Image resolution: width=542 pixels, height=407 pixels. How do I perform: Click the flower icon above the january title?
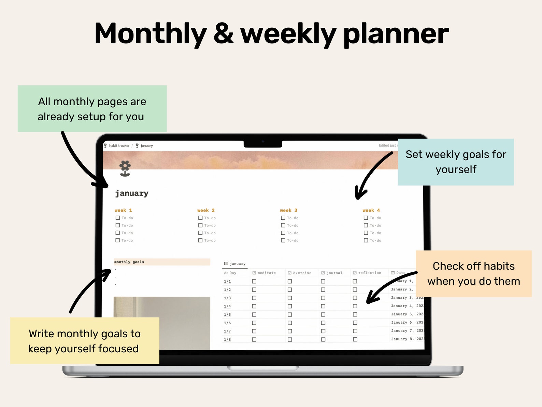pos(125,168)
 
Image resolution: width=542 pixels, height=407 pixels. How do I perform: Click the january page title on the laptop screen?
pos(132,193)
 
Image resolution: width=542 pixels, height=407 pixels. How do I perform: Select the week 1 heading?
pos(123,210)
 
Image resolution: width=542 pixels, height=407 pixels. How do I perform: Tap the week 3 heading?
pos(288,210)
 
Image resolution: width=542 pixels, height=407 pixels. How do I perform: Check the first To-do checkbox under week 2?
pos(200,218)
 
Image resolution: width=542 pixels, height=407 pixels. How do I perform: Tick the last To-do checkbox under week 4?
pos(366,240)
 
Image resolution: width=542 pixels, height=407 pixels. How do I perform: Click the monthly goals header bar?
pos(162,262)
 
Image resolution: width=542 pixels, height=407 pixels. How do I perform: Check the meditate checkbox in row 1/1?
pos(254,281)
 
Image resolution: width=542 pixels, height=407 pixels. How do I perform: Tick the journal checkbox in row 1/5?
pos(323,314)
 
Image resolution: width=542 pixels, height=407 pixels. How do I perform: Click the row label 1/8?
pos(227,339)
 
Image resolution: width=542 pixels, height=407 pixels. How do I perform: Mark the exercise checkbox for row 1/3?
pos(290,298)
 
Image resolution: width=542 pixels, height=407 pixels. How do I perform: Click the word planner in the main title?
pos(396,34)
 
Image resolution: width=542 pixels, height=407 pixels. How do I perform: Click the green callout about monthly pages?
pos(92,109)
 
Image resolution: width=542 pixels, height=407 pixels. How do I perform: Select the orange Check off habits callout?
pos(473,273)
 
